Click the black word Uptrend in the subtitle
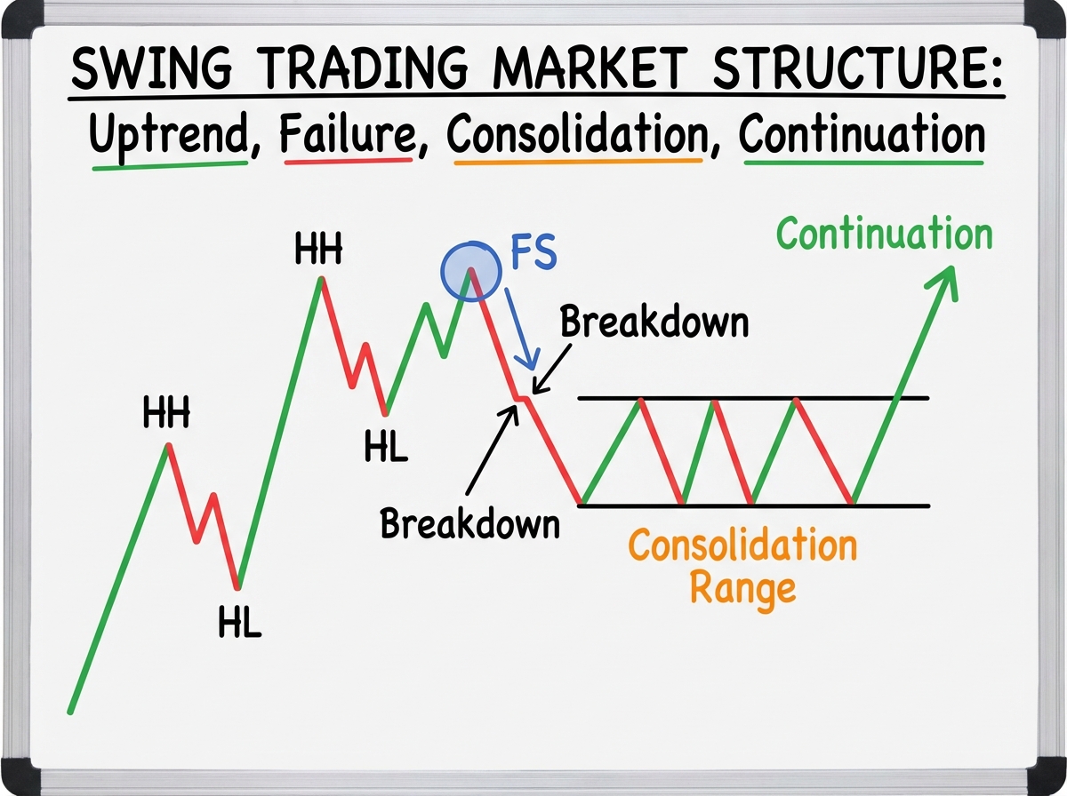pyautogui.click(x=170, y=136)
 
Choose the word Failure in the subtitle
pyautogui.click(x=348, y=136)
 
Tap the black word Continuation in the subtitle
pyautogui.click(x=862, y=136)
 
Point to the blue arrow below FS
pyautogui.click(x=518, y=327)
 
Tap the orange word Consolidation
pyautogui.click(x=742, y=545)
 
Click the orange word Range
pyautogui.click(x=742, y=587)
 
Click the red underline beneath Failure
pyautogui.click(x=348, y=162)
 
